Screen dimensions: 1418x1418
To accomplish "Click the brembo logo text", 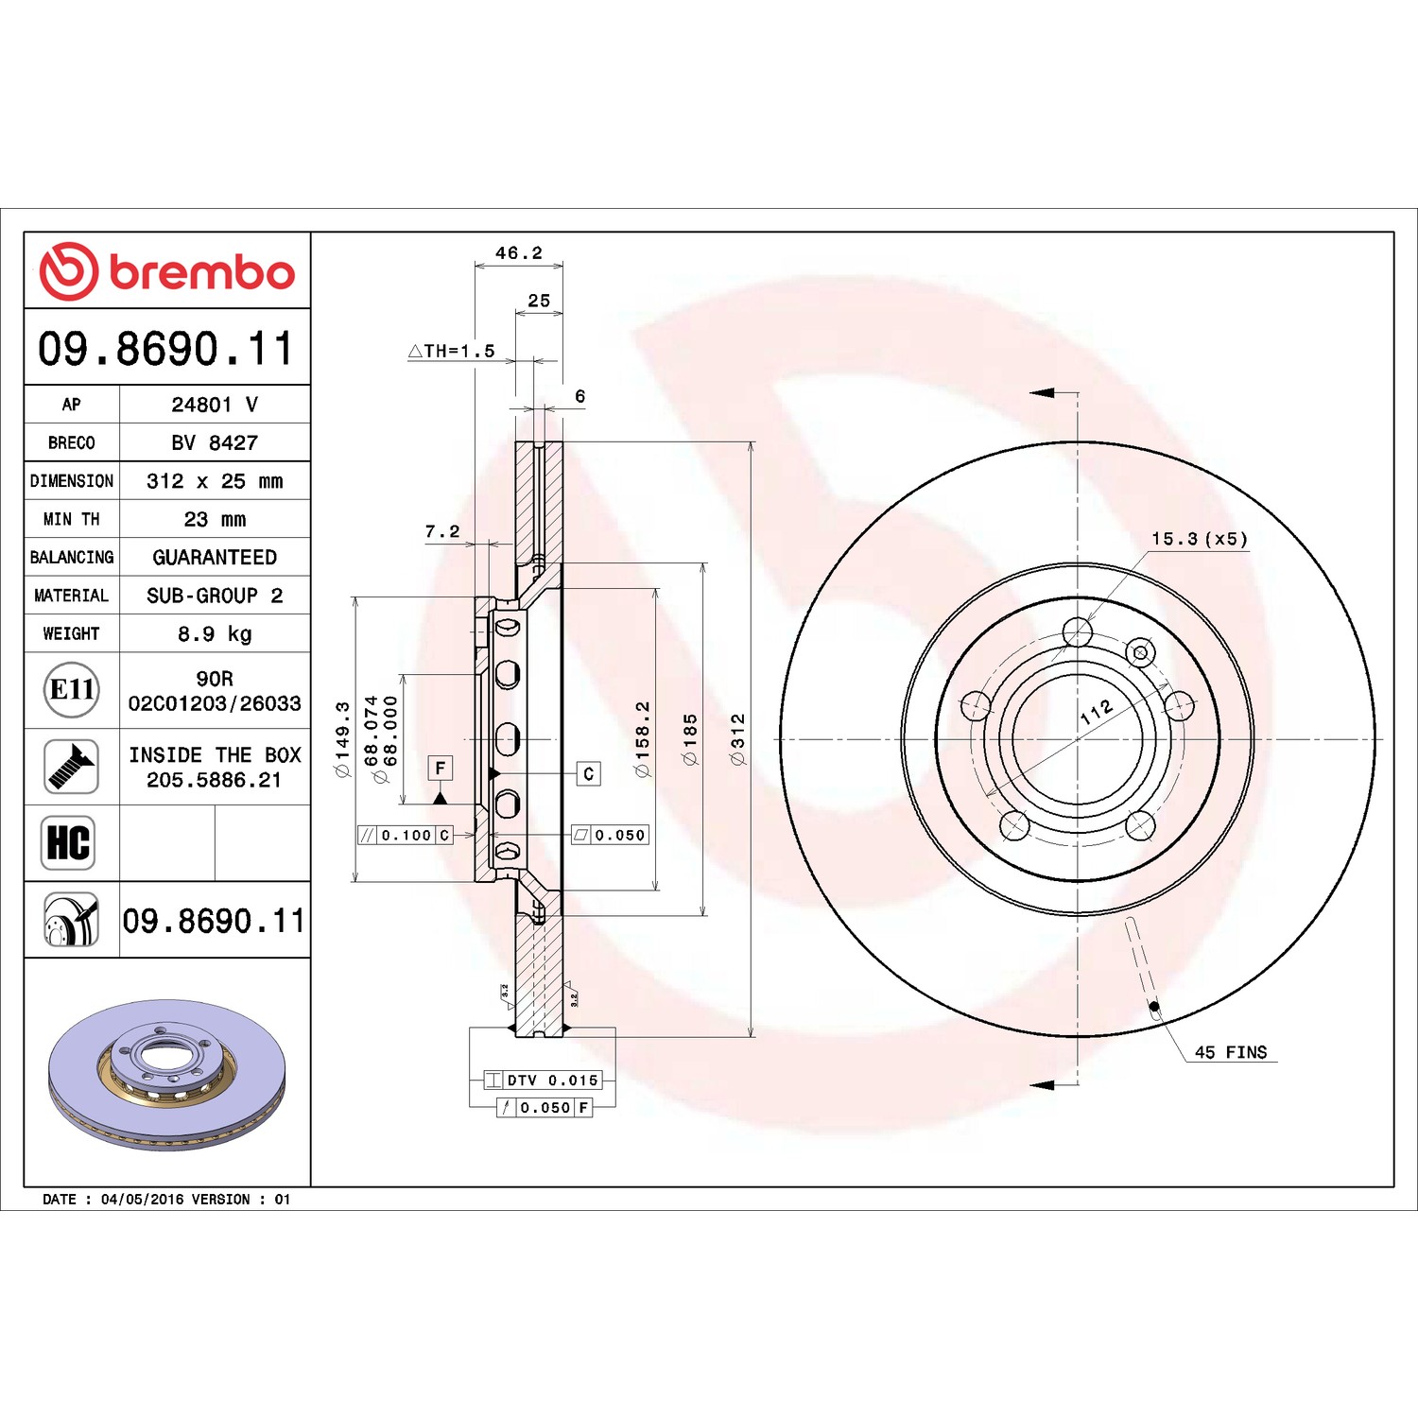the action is (202, 272).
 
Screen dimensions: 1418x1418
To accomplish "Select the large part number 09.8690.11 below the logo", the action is (166, 348).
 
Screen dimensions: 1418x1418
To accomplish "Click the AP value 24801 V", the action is (215, 405).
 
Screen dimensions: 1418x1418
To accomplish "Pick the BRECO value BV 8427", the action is (215, 442).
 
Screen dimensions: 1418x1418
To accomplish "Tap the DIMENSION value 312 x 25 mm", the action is (215, 481).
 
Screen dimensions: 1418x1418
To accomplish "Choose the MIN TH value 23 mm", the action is (215, 519).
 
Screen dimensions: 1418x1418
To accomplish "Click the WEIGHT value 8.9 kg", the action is (215, 633).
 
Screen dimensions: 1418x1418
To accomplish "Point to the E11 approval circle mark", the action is (72, 689).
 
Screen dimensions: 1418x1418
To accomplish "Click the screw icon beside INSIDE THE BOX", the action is (72, 767).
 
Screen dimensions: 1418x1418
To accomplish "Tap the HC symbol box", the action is (69, 842).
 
